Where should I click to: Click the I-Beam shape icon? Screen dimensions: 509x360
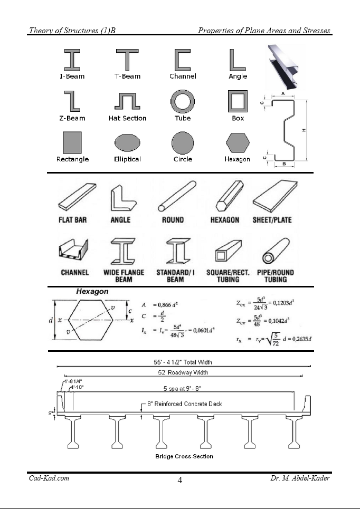pyautogui.click(x=72, y=60)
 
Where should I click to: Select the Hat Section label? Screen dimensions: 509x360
pyautogui.click(x=127, y=119)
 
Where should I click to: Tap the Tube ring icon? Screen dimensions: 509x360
pyautogui.click(x=183, y=101)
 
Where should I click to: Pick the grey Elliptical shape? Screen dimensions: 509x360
pyautogui.click(x=127, y=143)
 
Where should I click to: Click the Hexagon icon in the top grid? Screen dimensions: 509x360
pyautogui.click(x=238, y=142)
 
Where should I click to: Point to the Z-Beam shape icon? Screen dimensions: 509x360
pyautogui.click(x=72, y=101)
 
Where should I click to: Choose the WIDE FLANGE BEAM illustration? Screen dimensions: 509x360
pyautogui.click(x=124, y=251)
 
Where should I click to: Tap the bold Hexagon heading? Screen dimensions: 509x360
pyautogui.click(x=92, y=292)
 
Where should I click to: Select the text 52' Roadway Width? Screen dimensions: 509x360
pyautogui.click(x=182, y=372)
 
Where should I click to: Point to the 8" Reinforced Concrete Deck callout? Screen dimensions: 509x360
pyautogui.click(x=185, y=404)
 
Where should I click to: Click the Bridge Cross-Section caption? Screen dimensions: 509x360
pyautogui.click(x=184, y=456)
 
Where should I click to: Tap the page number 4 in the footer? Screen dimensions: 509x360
pyautogui.click(x=180, y=480)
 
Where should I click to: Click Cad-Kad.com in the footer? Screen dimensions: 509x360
pyautogui.click(x=49, y=478)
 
